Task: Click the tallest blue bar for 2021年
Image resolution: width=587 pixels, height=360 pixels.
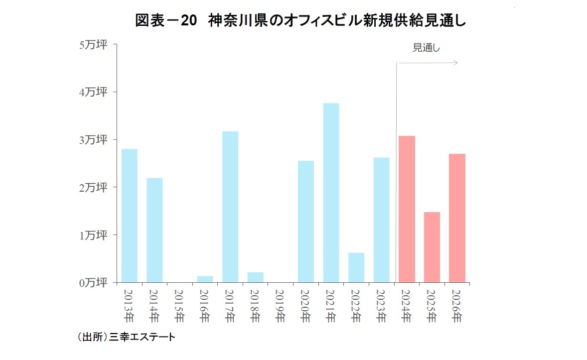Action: pos(331,193)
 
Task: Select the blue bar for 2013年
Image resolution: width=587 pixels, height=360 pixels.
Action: pos(129,216)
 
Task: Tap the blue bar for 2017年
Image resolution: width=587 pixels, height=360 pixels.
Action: pos(230,207)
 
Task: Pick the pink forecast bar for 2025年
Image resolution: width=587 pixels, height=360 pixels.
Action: pos(432,247)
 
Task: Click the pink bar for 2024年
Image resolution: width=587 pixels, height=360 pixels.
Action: pos(407,209)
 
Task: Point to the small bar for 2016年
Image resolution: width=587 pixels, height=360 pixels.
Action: pos(205,279)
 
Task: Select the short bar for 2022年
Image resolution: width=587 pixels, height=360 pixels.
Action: pos(356,267)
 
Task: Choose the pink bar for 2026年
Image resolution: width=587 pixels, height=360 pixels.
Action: pos(457,218)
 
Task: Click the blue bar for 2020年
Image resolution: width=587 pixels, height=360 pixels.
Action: pos(305,222)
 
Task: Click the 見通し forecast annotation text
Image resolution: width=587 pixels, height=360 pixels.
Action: pos(427,48)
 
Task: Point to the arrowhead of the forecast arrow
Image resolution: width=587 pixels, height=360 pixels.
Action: pos(455,63)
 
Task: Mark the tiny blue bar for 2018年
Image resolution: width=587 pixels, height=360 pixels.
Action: pos(255,277)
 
